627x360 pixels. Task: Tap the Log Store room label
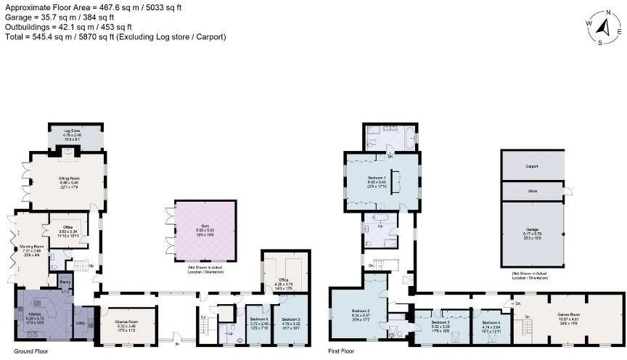pyautogui.click(x=70, y=131)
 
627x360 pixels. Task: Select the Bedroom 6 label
pyautogui.click(x=259, y=319)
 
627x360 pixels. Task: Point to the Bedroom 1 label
pyautogui.click(x=376, y=178)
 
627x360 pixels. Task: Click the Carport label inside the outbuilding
pyautogui.click(x=531, y=166)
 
